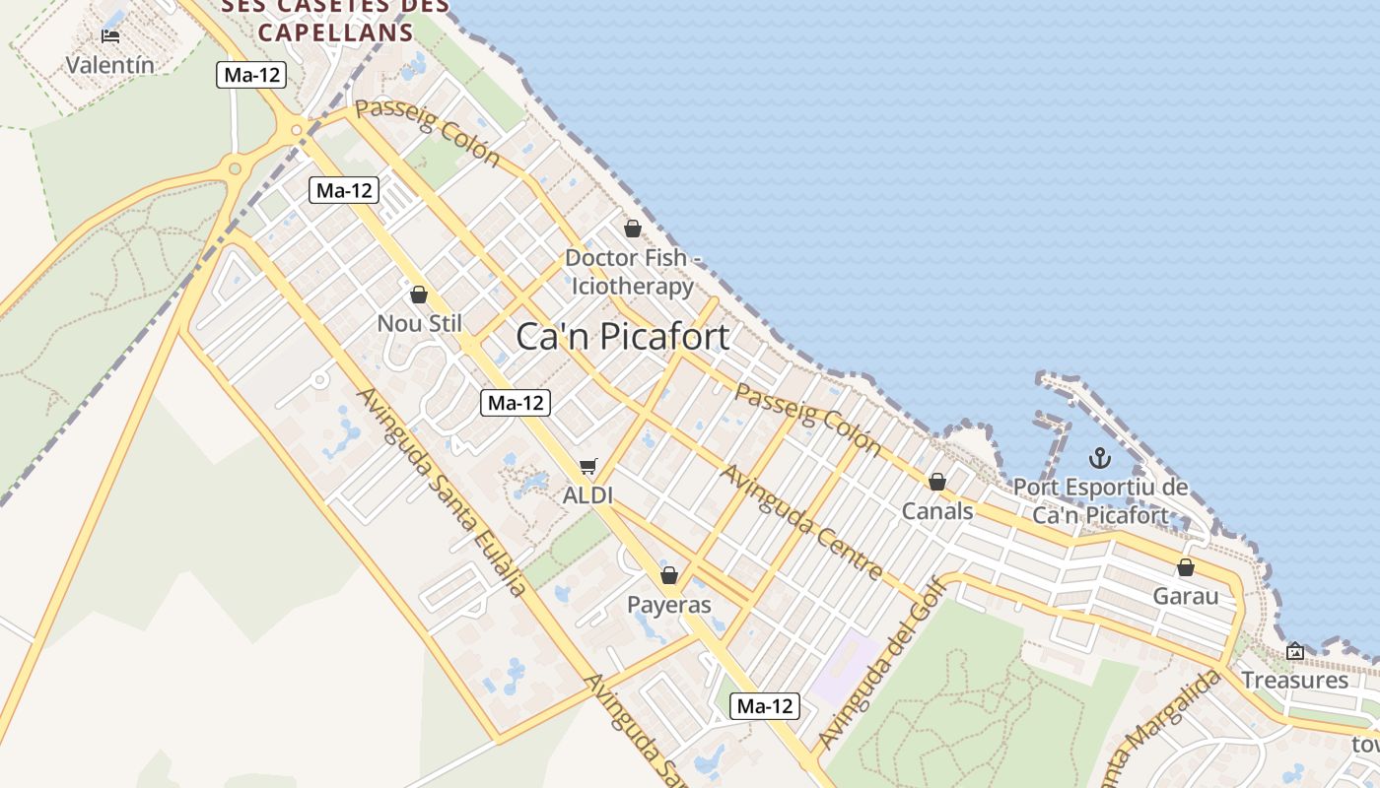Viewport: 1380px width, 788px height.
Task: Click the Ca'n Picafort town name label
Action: tap(623, 337)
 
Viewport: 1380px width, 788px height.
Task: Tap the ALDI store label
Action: tap(587, 495)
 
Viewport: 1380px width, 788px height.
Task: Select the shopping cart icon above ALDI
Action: tap(588, 466)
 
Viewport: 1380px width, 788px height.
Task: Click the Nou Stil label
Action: tap(419, 323)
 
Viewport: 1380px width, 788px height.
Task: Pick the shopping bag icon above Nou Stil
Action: tap(419, 295)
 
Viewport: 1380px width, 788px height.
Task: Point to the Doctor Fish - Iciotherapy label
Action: tap(633, 272)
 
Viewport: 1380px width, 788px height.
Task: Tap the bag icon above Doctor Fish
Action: tap(633, 229)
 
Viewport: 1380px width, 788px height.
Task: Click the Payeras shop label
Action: tap(669, 605)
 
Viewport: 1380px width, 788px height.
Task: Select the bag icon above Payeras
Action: tap(669, 575)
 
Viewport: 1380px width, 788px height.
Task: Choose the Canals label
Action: tap(937, 511)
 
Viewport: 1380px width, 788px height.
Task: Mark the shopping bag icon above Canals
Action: tap(937, 482)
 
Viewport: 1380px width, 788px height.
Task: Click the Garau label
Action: tap(1186, 596)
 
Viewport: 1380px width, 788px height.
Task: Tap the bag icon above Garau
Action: tap(1186, 567)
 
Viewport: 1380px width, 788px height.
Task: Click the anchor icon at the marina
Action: tap(1100, 458)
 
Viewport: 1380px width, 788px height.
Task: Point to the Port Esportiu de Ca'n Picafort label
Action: tap(1100, 501)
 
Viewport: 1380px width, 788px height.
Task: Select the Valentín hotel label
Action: tap(110, 65)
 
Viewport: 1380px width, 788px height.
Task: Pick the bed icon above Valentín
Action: tap(110, 36)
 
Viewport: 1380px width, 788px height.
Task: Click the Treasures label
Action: tap(1294, 680)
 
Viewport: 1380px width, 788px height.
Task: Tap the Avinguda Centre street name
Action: tap(801, 522)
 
